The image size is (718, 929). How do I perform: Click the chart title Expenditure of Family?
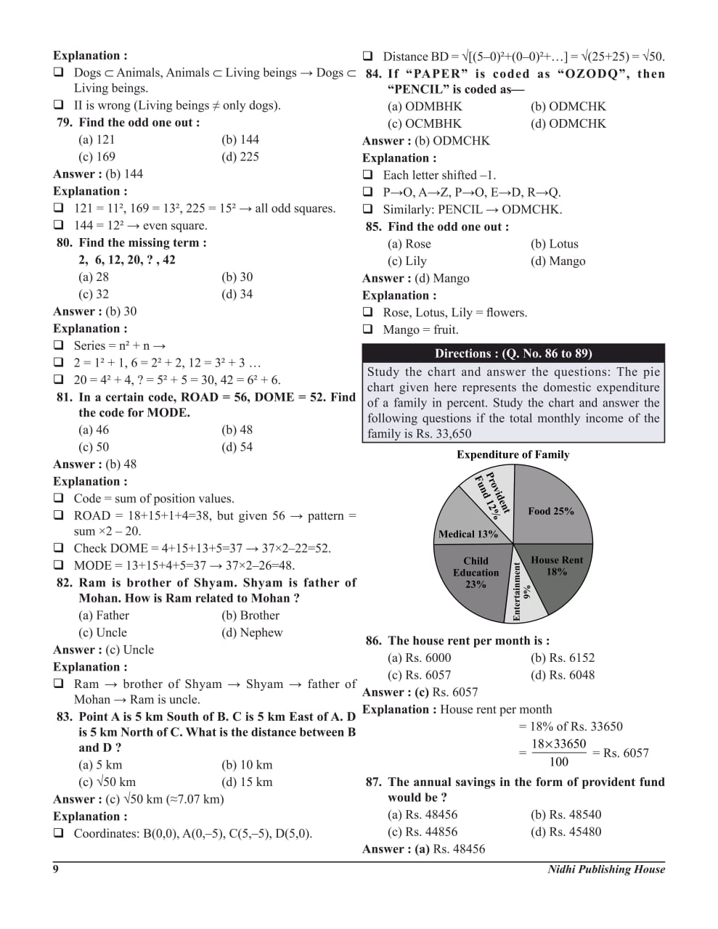[513, 455]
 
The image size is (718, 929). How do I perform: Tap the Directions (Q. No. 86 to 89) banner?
[513, 353]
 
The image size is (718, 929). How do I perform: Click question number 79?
[65, 123]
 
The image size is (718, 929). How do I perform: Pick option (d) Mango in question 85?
[558, 261]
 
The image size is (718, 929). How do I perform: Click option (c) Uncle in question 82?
[102, 633]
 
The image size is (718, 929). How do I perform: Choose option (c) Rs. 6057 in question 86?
[419, 675]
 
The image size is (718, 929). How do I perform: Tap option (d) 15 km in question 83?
[247, 782]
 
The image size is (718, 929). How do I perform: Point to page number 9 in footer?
[56, 869]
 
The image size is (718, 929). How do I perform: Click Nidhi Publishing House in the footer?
[606, 869]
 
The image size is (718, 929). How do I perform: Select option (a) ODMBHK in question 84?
[425, 107]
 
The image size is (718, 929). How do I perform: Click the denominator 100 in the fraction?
[559, 762]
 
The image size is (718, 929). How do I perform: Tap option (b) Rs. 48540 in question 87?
[566, 815]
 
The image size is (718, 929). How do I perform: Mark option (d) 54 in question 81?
[237, 447]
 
